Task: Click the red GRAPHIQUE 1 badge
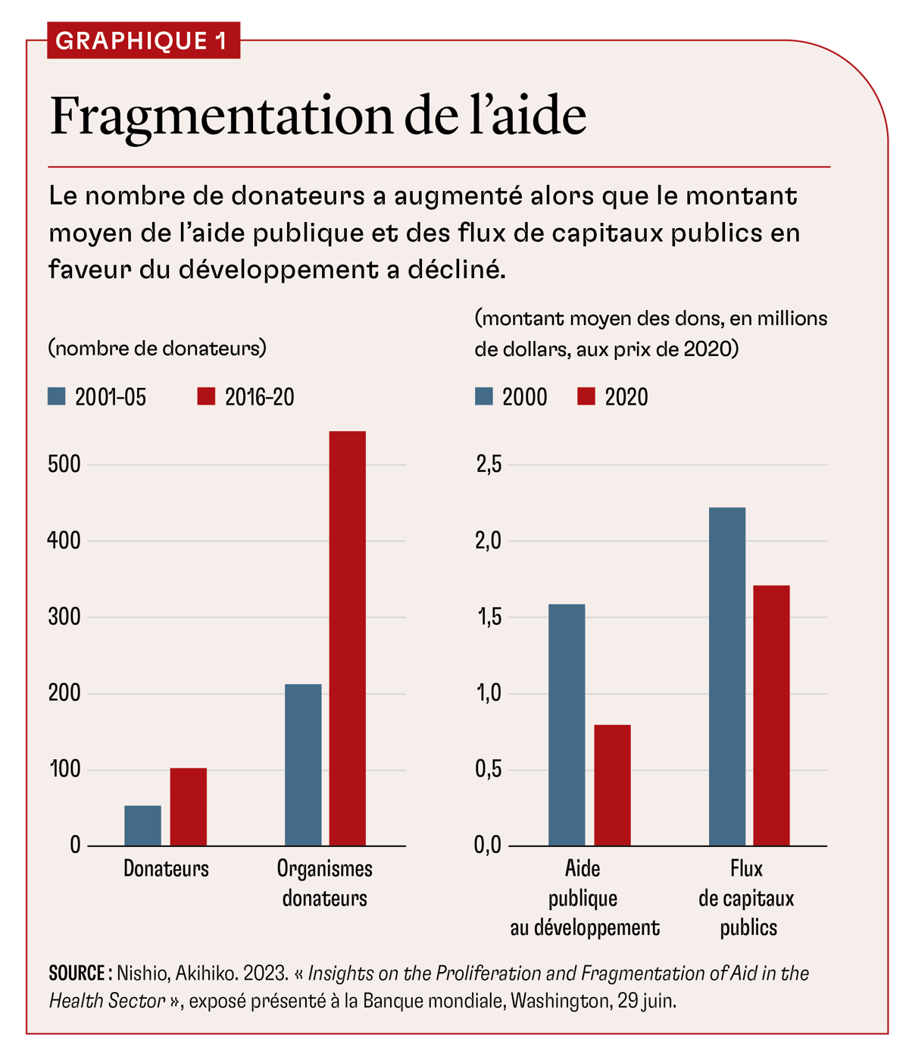tap(143, 40)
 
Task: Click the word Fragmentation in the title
tap(220, 117)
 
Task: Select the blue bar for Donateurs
tap(142, 825)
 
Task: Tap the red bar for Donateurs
tap(188, 806)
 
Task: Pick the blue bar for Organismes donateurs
tap(303, 765)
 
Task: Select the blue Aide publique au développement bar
tap(567, 724)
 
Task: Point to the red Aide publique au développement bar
tap(612, 785)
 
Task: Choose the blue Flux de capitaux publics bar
tap(727, 676)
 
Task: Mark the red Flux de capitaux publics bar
tap(771, 715)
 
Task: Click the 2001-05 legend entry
tap(98, 397)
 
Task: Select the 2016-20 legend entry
tap(247, 397)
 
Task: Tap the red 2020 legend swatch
tap(586, 396)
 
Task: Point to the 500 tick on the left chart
tap(64, 464)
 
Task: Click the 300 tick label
tap(64, 617)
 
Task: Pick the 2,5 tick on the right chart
tap(489, 464)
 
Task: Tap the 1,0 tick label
tap(489, 693)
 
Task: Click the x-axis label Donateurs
tap(166, 868)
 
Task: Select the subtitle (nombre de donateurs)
tap(158, 348)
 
